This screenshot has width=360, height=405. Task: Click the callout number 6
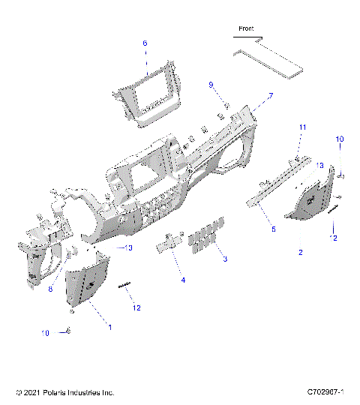(x=145, y=43)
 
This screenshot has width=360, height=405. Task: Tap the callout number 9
(x=211, y=84)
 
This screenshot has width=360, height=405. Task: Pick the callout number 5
(x=274, y=229)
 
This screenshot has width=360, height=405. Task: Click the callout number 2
(x=301, y=253)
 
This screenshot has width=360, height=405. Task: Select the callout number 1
(x=110, y=327)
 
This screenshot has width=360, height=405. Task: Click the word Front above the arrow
(x=246, y=28)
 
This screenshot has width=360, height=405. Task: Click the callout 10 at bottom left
(x=46, y=332)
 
